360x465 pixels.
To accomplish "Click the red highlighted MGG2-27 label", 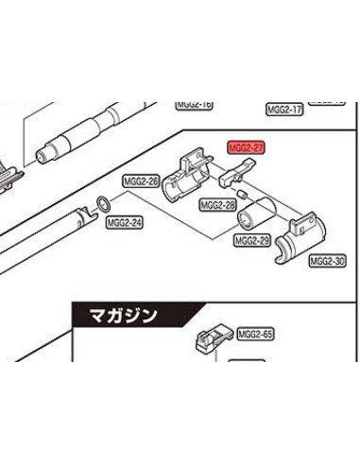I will click(x=245, y=148).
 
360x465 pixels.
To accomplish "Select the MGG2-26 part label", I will click(x=141, y=181).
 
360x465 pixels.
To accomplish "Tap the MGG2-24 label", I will click(x=124, y=224).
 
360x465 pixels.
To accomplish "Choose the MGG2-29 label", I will click(x=251, y=241).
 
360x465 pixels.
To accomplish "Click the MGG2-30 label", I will click(x=327, y=260).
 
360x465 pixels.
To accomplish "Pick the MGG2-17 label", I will click(x=284, y=110).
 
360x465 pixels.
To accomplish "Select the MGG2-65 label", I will click(x=254, y=334).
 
